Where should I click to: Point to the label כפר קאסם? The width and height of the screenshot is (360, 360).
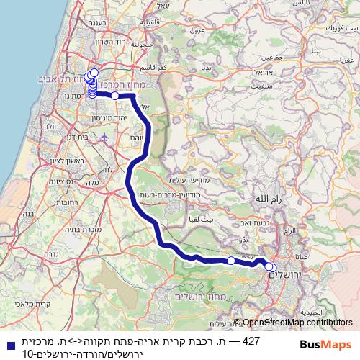174,67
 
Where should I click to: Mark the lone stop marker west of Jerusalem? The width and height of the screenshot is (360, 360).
230,261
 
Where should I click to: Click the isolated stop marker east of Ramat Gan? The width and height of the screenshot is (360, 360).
114,95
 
